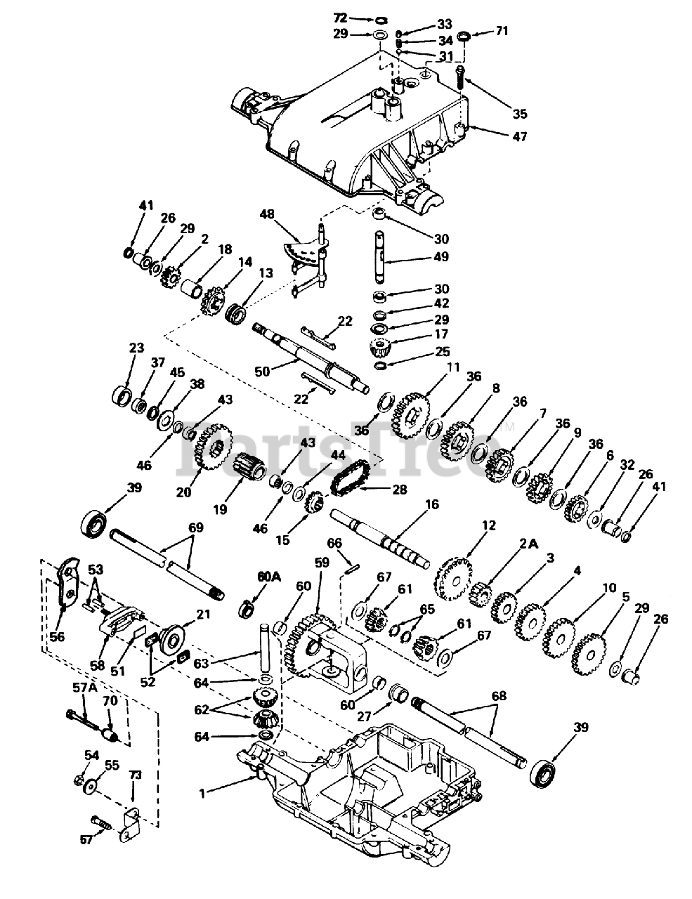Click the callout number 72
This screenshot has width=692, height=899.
(x=359, y=16)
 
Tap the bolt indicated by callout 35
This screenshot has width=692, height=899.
(x=459, y=72)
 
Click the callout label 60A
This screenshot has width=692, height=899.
(x=268, y=577)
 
